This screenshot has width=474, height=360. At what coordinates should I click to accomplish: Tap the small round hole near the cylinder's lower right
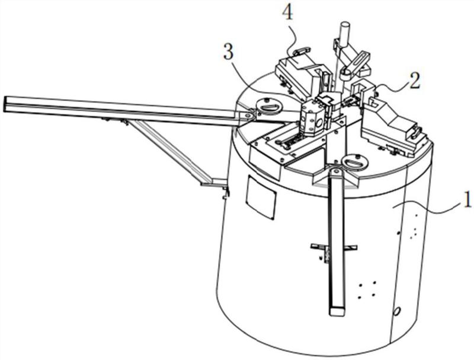397,310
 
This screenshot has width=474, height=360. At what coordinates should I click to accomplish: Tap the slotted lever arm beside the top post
357,62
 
